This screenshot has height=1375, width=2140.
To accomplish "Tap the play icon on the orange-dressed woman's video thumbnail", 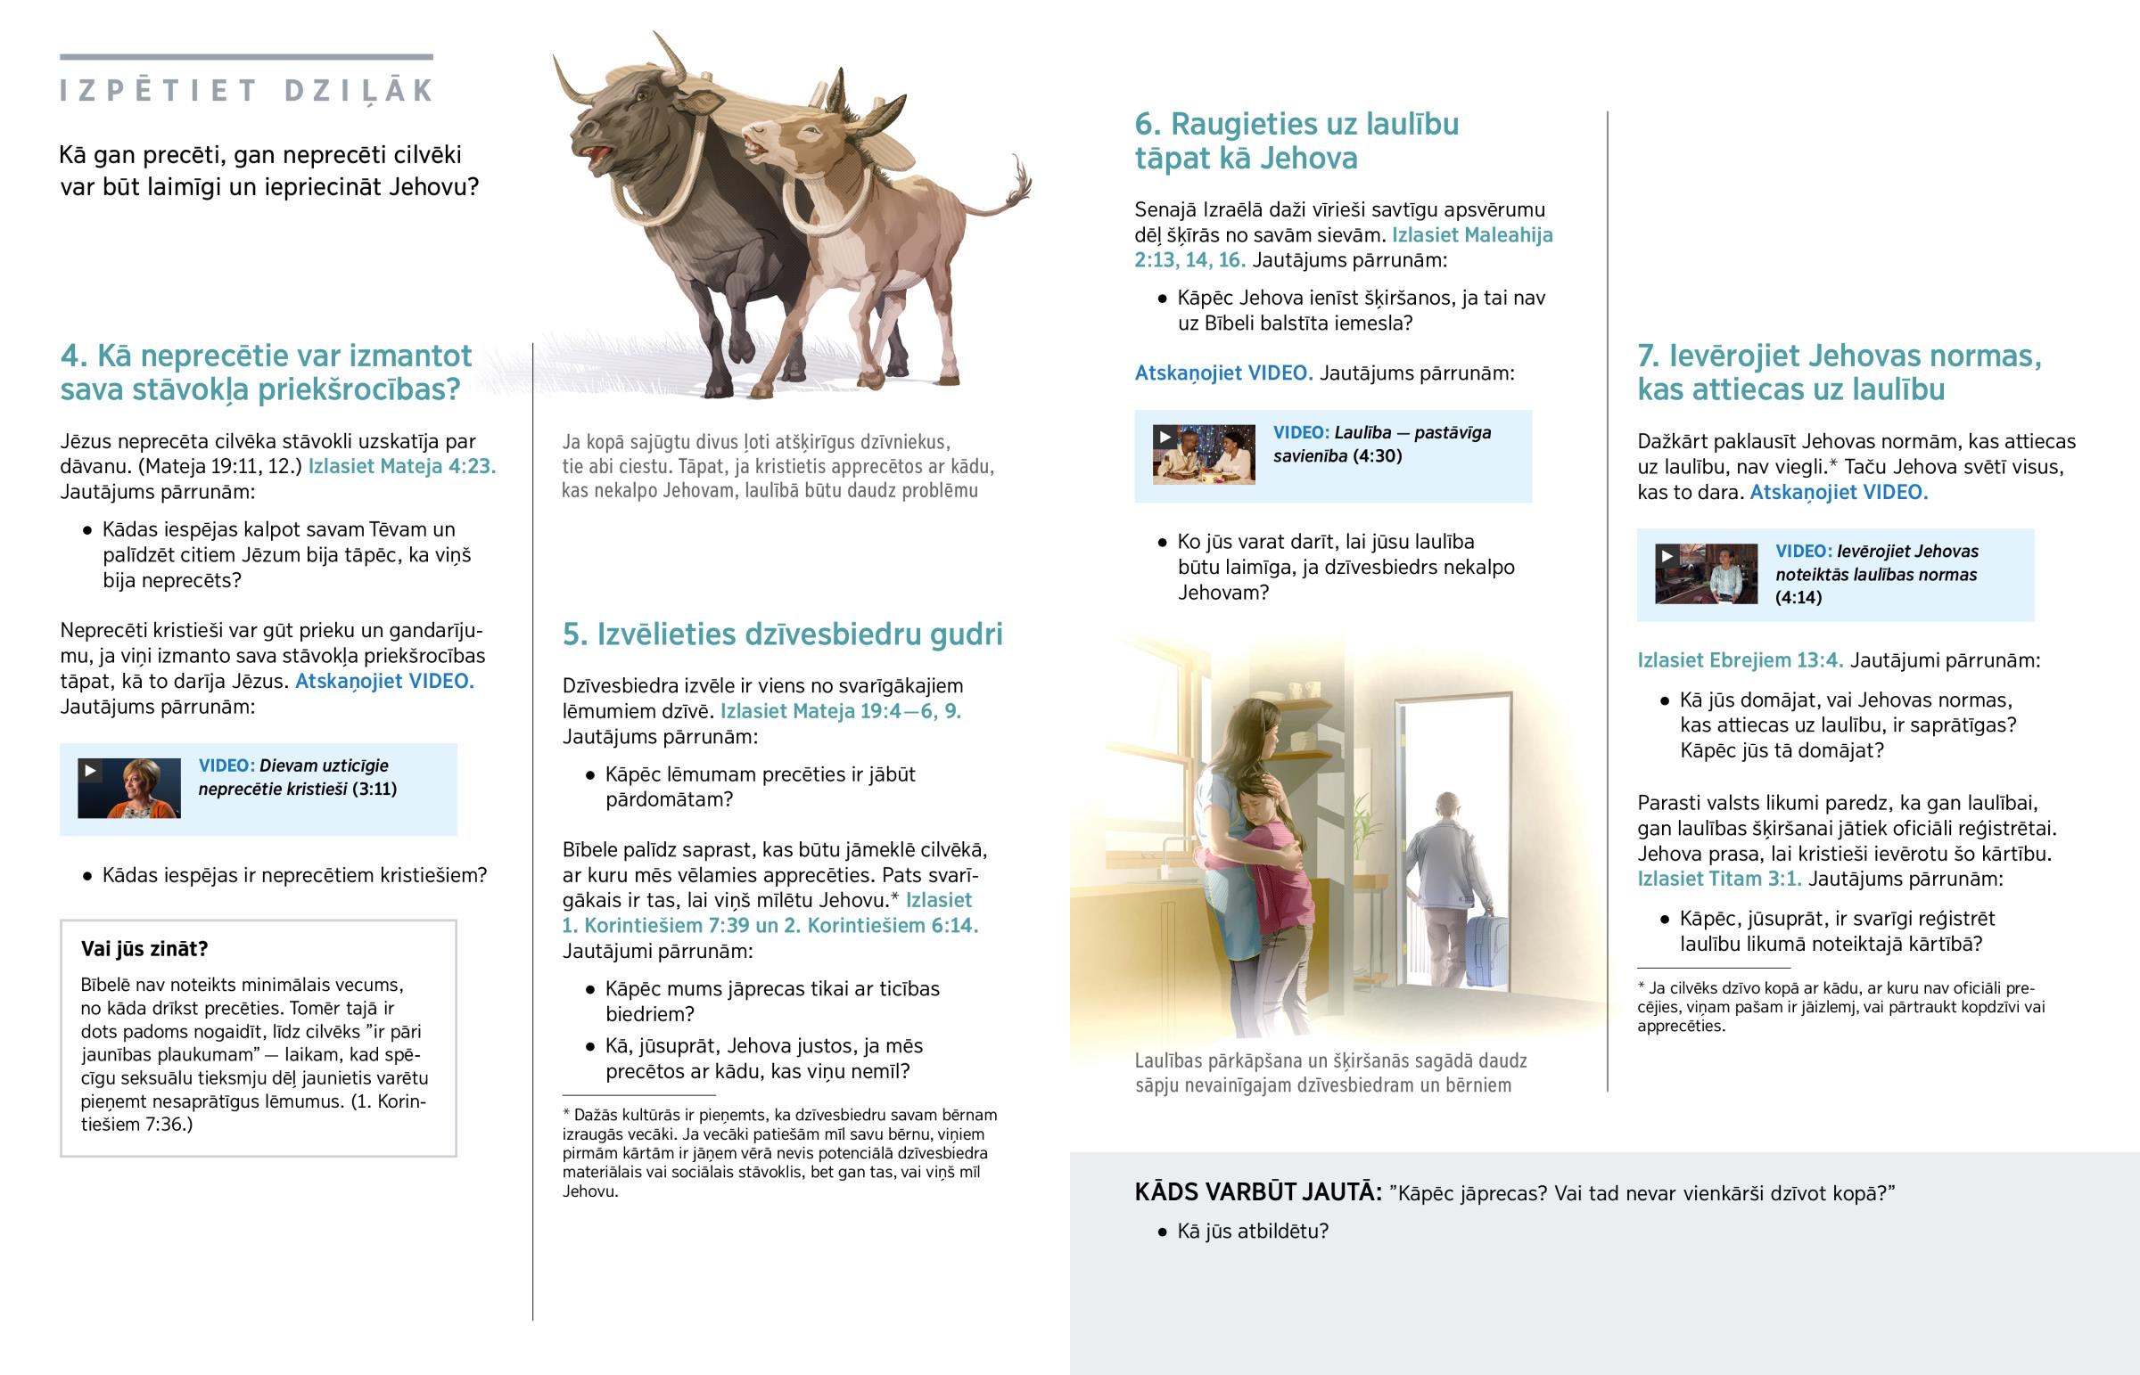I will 90,771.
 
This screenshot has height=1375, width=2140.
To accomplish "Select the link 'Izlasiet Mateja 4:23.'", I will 401,466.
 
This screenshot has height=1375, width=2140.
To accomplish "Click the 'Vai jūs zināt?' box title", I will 144,948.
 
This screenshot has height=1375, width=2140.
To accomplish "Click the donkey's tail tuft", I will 1018,183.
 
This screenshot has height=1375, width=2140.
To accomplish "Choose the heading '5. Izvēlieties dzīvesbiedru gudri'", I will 781,634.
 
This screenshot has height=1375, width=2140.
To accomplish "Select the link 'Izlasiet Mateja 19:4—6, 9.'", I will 841,712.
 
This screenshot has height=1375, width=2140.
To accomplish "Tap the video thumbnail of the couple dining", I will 1203,454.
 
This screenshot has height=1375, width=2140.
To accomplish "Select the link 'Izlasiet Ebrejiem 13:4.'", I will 1740,660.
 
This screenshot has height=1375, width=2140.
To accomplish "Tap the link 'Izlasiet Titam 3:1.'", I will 1718,879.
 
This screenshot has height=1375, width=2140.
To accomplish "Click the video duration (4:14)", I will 1798,597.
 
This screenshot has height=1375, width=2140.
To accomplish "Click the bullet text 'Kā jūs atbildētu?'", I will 1252,1232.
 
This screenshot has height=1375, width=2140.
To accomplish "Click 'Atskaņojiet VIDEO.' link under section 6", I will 1222,373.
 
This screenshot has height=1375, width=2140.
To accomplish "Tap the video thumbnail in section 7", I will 1705,574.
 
